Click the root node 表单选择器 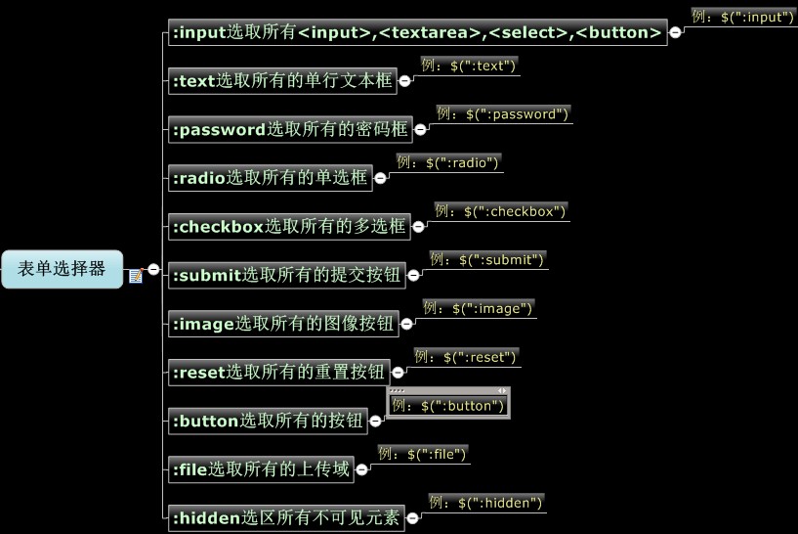point(62,269)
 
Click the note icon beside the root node point(136,276)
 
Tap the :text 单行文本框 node point(281,81)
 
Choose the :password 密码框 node point(289,129)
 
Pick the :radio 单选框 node point(269,177)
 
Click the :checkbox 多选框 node point(288,226)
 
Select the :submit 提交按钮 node point(285,275)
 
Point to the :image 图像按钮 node point(282,324)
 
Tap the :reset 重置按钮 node point(277,372)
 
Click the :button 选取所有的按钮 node point(267,421)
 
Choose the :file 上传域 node point(260,469)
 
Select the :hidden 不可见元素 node point(285,517)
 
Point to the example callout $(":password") point(502,113)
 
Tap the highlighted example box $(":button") point(448,406)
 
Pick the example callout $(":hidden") point(485,503)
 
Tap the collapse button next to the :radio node point(381,178)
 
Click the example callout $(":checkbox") point(500,210)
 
